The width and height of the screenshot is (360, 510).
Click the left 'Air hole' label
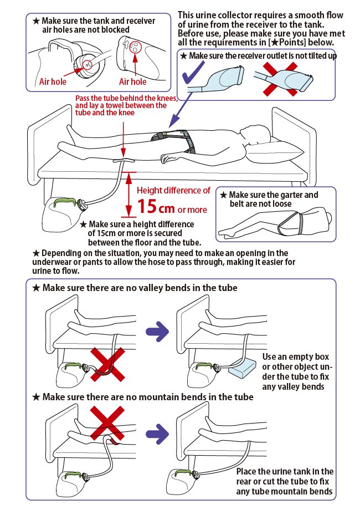pyautogui.click(x=53, y=81)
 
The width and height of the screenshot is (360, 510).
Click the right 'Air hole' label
pyautogui.click(x=133, y=81)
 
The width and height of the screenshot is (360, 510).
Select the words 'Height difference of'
pyautogui.click(x=174, y=190)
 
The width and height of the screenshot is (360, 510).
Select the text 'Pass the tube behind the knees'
pyautogui.click(x=126, y=98)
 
